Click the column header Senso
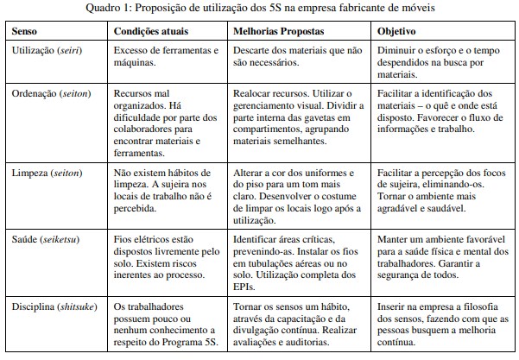[25, 30]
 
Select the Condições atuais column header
[153, 30]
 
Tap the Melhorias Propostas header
[282, 30]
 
